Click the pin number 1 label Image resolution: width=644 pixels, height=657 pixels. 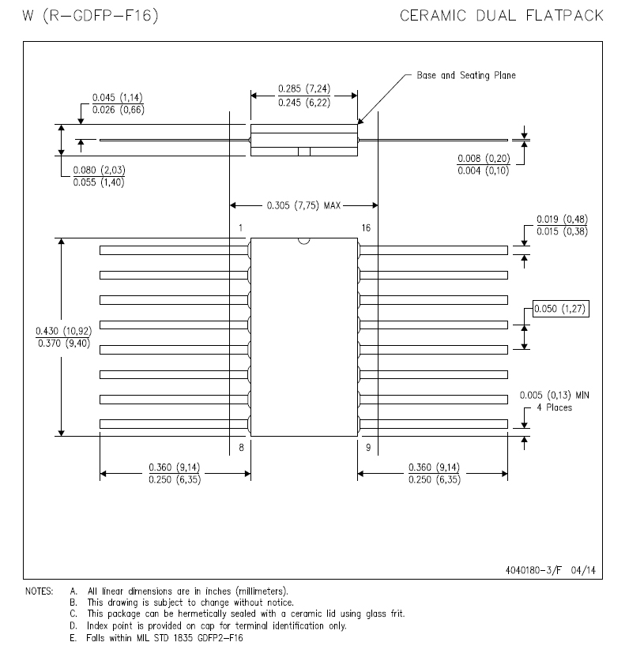tap(240, 228)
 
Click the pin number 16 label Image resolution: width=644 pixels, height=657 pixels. tap(366, 228)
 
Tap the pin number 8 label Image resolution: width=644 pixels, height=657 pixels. tap(241, 448)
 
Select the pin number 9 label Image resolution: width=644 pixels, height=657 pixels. tap(368, 448)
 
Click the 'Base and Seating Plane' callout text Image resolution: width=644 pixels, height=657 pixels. tap(465, 76)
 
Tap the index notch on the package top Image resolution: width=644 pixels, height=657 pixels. tap(304, 241)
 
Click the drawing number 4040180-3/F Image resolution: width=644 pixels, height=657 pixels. tap(533, 570)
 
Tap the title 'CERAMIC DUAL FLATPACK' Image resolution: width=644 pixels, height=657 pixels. tap(502, 16)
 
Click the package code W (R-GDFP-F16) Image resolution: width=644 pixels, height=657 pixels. tap(91, 16)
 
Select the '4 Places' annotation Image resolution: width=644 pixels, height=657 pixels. tap(554, 407)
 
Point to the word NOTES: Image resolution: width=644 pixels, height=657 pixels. tap(39, 591)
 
